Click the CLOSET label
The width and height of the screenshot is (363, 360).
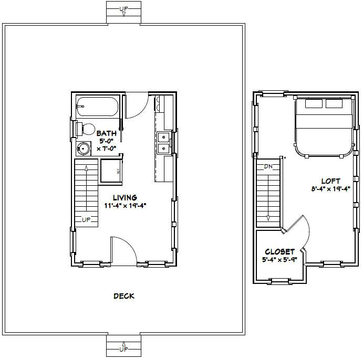point(279,251)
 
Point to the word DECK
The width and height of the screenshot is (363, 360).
point(124,296)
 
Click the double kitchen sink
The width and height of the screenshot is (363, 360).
point(163,143)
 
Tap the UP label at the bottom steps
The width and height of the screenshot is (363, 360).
point(124,349)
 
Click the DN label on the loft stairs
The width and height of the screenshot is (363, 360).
point(268,167)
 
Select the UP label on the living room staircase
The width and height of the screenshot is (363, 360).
point(86,219)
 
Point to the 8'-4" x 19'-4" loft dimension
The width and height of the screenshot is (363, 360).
point(330,189)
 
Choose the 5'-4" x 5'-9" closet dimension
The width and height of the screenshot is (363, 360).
point(279,260)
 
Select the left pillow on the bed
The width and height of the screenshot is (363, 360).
point(314,104)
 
